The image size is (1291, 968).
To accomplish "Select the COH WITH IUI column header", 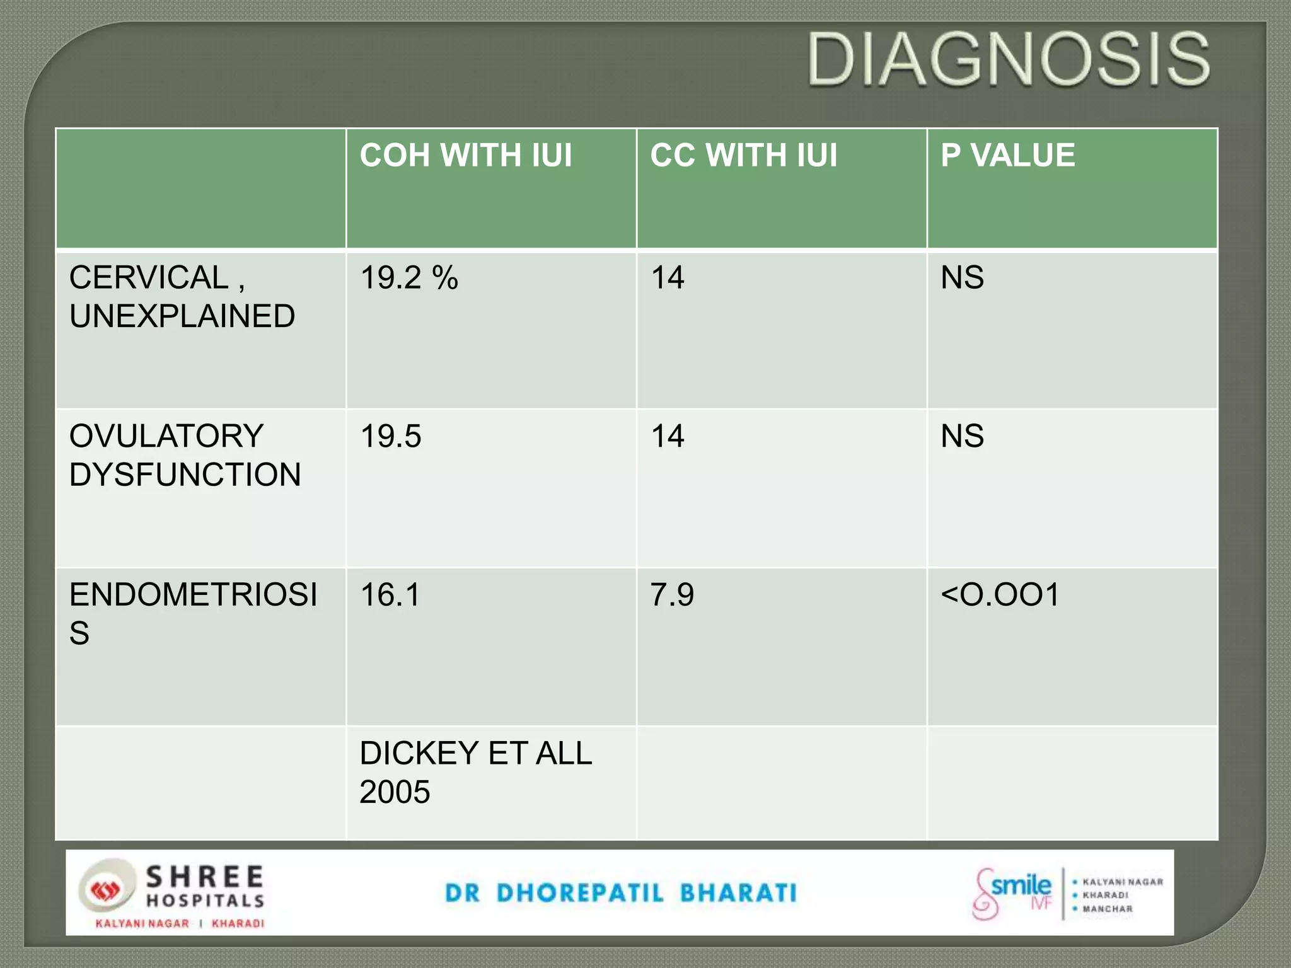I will pos(466,155).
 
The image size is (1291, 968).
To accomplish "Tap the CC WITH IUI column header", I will pos(744,155).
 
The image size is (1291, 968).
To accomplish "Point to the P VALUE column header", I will pos(1007,155).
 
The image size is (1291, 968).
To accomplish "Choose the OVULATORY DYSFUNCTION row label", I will pos(185,455).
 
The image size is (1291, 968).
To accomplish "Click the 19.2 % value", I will pos(409,277).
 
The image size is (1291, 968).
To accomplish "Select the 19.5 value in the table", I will pos(390,436).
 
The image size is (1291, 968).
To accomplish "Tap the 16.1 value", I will pos(390,594).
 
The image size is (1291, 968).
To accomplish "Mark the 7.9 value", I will pos(672,594).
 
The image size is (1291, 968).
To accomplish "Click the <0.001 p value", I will pos(1000,594).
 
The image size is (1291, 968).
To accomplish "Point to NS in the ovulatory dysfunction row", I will pos(962,436).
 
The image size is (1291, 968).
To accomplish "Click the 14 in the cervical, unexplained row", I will pos(667,277).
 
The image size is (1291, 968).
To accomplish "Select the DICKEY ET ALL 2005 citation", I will pos(475,772).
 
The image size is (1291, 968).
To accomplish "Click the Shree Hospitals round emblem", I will pos(106,890).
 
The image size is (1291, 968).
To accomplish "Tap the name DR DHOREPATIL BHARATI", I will pos(621,893).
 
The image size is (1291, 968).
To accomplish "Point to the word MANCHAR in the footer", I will pos(1107,909).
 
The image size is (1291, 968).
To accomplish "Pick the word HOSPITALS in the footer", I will pos(206,901).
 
